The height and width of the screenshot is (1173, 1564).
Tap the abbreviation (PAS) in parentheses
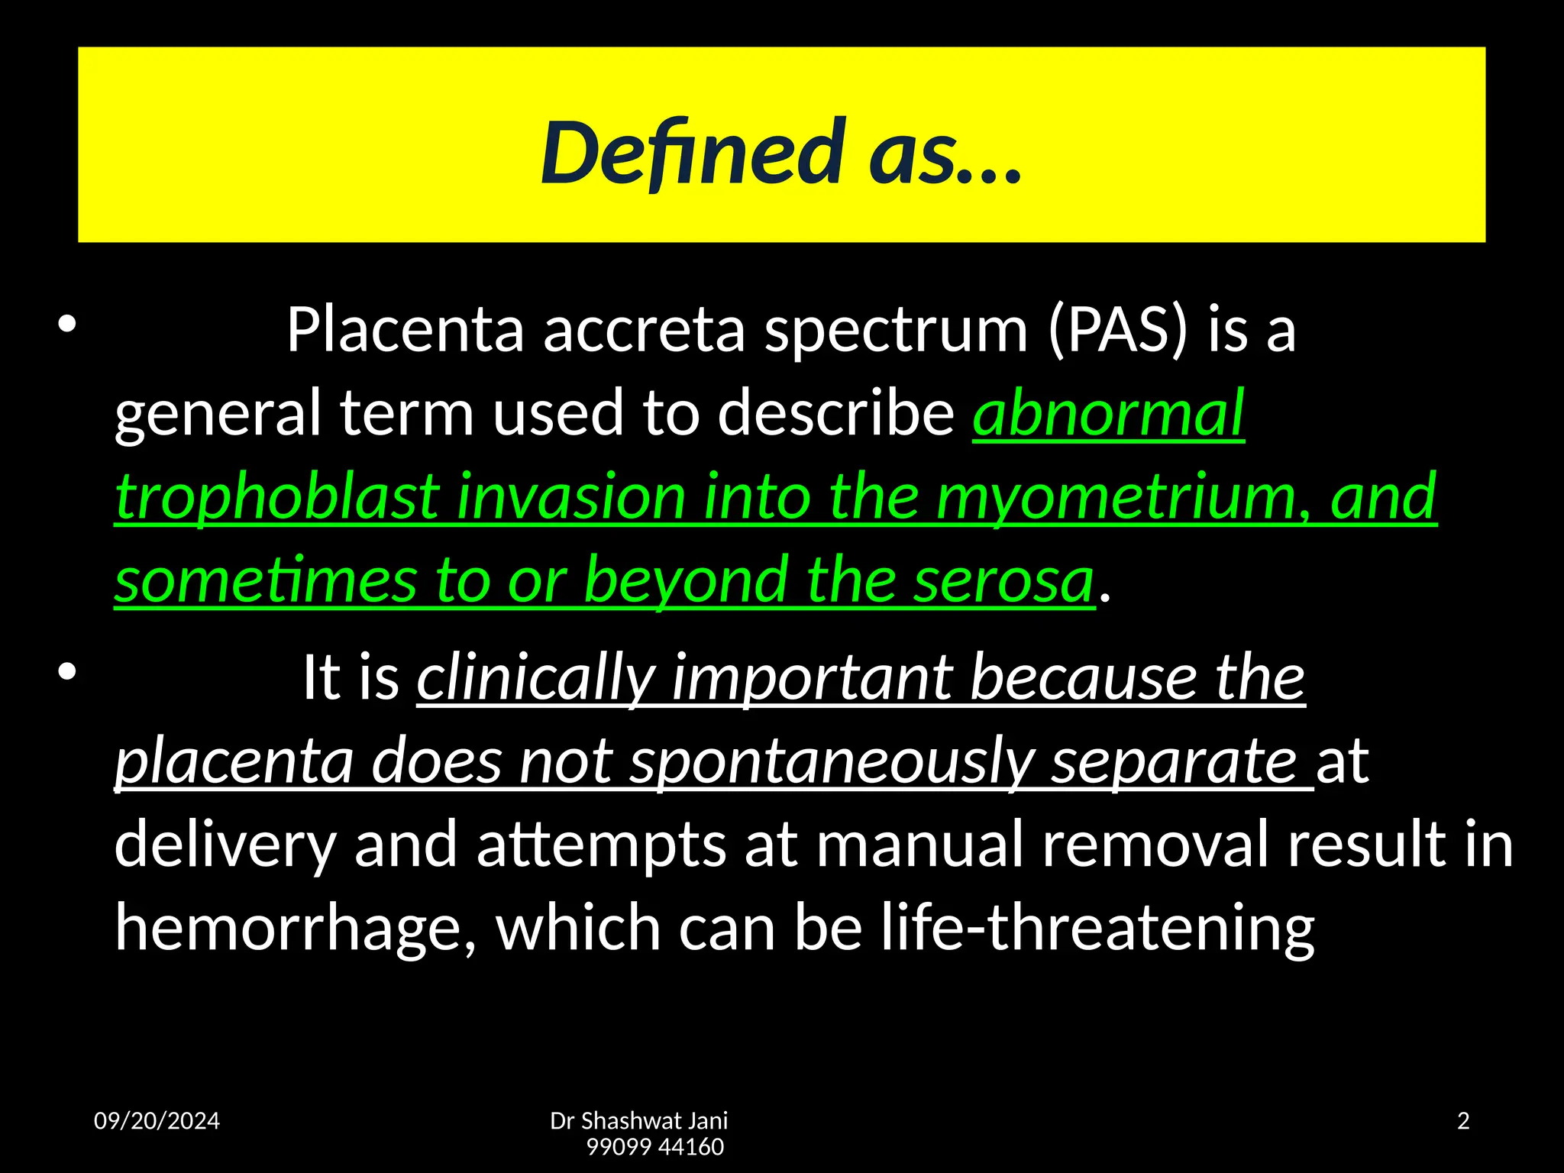[x=1118, y=330]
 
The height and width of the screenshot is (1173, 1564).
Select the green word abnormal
[x=1108, y=413]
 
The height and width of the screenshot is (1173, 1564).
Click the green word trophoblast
[x=277, y=497]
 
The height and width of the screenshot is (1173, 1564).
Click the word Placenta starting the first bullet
[x=405, y=330]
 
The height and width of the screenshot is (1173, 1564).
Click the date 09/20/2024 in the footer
[x=157, y=1121]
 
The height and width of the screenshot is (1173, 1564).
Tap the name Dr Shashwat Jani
[x=638, y=1121]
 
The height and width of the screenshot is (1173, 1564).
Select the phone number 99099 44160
[x=654, y=1147]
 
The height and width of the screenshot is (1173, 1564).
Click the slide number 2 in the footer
[x=1463, y=1121]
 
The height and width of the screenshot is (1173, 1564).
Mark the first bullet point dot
[x=67, y=325]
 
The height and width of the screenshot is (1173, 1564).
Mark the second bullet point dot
[x=67, y=671]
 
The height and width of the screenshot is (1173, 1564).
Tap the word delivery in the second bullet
[x=225, y=844]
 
